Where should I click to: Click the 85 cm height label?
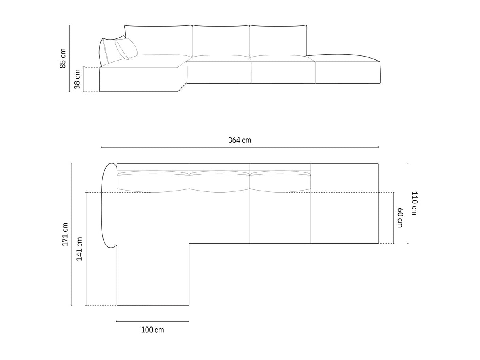pos(63,58)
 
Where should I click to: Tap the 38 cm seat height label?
pos(77,79)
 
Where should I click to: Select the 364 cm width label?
pos(240,140)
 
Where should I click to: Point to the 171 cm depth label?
pos(65,234)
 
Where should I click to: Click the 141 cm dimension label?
pos(79,249)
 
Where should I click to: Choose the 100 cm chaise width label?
pos(152,330)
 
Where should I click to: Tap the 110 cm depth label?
pos(414,203)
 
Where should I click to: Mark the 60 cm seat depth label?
pos(399,218)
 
